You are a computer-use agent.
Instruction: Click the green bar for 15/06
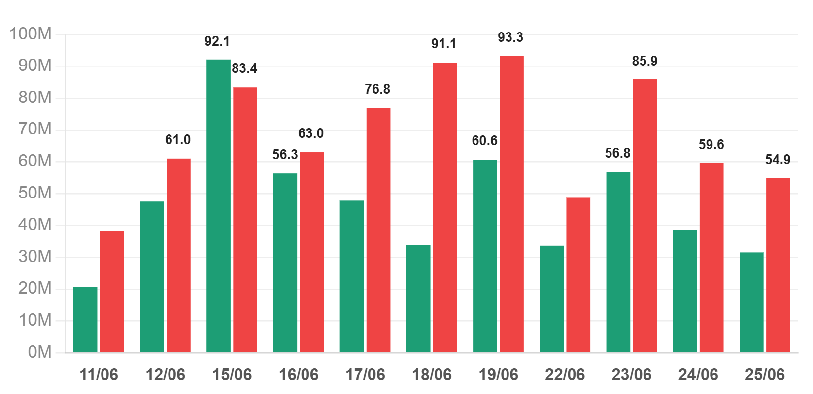pyautogui.click(x=218, y=206)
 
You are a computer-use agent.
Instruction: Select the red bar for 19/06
pyautogui.click(x=512, y=204)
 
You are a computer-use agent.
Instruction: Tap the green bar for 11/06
pyautogui.click(x=85, y=320)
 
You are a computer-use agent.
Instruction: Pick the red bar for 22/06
pyautogui.click(x=578, y=275)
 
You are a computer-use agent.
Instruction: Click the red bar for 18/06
pyautogui.click(x=445, y=207)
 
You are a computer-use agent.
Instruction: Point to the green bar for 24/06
pyautogui.click(x=685, y=291)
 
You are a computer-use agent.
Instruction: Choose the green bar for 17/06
pyautogui.click(x=352, y=276)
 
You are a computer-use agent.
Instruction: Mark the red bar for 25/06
pyautogui.click(x=778, y=265)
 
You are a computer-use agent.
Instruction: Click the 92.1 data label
pyautogui.click(x=217, y=41)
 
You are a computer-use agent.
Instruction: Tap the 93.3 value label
pyautogui.click(x=510, y=37)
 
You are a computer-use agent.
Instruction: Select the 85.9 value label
pyautogui.click(x=644, y=61)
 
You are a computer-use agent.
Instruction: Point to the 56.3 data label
pyautogui.click(x=285, y=155)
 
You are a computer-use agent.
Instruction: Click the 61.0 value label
pyautogui.click(x=178, y=140)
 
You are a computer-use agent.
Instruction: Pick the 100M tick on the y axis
pyautogui.click(x=31, y=34)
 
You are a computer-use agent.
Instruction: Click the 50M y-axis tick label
pyautogui.click(x=35, y=193)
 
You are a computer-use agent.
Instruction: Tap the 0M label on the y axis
pyautogui.click(x=39, y=352)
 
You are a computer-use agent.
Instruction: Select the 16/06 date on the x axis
pyautogui.click(x=298, y=375)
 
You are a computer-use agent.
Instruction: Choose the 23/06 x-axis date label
pyautogui.click(x=632, y=375)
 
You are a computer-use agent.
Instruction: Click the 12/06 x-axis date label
pyautogui.click(x=165, y=375)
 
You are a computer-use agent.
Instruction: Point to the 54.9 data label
pyautogui.click(x=778, y=159)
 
